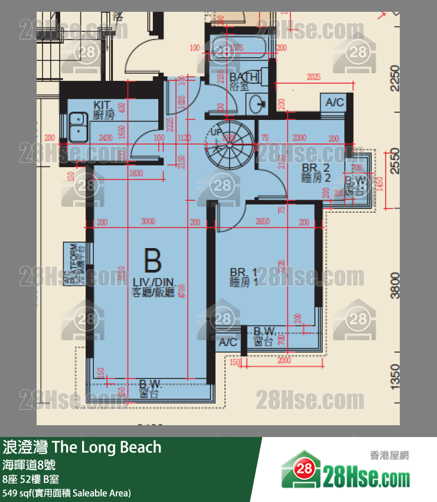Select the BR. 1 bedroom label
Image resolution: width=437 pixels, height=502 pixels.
[243, 277]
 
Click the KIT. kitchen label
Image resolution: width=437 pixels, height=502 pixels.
[103, 110]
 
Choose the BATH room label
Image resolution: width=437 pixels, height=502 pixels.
[243, 81]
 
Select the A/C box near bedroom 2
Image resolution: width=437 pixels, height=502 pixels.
[335, 103]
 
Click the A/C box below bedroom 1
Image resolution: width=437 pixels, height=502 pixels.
[228, 343]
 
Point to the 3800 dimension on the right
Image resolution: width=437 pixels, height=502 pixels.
[394, 284]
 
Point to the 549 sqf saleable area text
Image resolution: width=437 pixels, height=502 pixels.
[66, 493]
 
